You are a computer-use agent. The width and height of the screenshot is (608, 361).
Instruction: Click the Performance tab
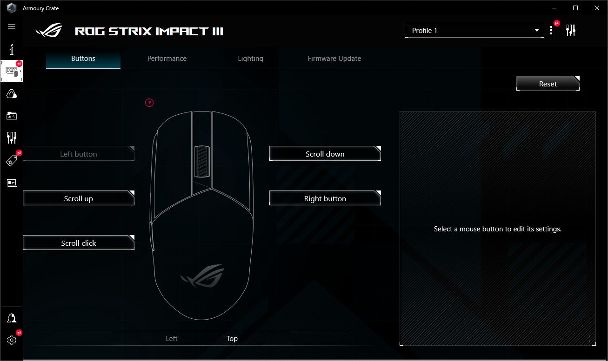click(167, 59)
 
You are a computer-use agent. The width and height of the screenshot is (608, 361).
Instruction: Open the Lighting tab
click(250, 59)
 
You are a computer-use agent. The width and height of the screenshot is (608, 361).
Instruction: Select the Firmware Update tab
click(334, 59)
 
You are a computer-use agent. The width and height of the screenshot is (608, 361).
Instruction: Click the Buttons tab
click(83, 59)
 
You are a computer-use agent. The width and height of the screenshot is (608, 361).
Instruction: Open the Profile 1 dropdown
click(474, 31)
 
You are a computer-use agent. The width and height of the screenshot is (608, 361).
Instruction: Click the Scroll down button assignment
click(325, 154)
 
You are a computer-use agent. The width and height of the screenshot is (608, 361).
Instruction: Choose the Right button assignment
click(325, 198)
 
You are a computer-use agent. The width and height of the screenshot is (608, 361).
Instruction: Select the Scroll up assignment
click(78, 198)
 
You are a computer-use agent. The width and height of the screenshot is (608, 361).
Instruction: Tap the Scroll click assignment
click(78, 243)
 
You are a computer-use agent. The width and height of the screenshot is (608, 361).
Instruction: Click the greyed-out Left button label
click(78, 154)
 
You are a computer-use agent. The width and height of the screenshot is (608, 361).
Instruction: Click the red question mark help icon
click(149, 103)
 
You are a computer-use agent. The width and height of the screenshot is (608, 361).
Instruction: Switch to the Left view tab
click(172, 339)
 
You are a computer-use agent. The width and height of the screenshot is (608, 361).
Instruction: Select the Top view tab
click(232, 339)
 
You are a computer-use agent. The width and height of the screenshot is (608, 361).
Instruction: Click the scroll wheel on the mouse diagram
click(202, 161)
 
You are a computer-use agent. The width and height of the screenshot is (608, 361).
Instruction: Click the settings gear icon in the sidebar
click(12, 340)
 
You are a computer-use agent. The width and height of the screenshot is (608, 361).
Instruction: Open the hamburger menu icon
click(12, 26)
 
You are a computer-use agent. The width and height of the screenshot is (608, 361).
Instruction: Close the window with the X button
click(597, 8)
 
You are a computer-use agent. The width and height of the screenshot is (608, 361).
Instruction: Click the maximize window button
click(575, 8)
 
